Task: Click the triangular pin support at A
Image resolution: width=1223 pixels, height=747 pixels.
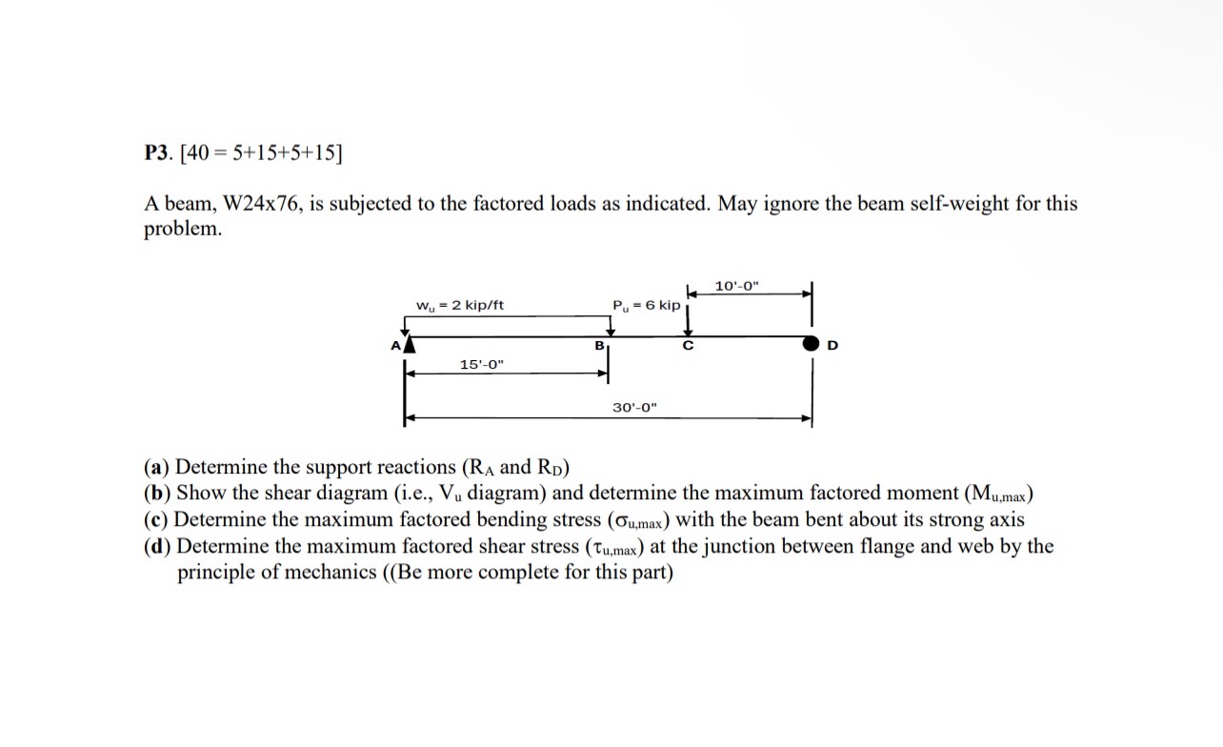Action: point(408,344)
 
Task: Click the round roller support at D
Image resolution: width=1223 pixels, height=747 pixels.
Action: point(811,344)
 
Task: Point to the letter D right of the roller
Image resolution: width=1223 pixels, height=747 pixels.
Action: point(833,346)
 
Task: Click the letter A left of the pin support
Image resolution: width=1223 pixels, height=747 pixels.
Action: point(393,346)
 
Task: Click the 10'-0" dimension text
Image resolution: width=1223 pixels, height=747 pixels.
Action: point(738,286)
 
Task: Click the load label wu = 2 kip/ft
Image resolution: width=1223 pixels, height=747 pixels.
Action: point(460,305)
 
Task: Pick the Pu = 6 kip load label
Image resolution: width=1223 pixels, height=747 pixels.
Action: point(647,305)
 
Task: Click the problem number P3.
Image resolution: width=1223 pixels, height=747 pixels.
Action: point(157,152)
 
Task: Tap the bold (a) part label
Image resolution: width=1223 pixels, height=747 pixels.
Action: point(157,467)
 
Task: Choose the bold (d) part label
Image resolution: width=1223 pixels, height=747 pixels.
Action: point(158,547)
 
